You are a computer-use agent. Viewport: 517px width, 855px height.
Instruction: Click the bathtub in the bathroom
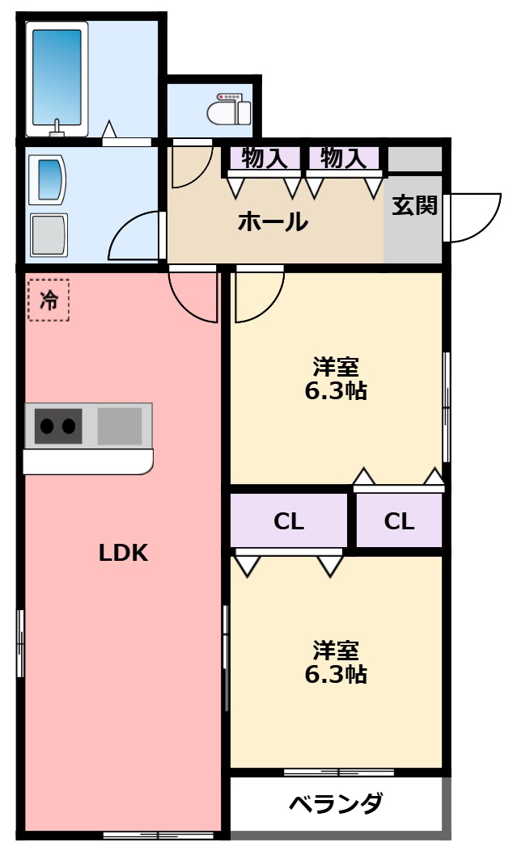(57, 78)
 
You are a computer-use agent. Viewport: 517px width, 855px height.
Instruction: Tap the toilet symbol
(231, 108)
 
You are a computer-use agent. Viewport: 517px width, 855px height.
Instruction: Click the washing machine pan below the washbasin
(48, 235)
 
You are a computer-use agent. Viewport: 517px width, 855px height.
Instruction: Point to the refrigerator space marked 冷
(49, 300)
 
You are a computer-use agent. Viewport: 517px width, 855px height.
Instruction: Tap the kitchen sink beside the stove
(120, 425)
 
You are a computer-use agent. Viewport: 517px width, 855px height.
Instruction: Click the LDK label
(123, 553)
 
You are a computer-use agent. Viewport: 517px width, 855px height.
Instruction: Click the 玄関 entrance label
(414, 206)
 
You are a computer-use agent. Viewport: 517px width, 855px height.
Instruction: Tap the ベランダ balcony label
(335, 804)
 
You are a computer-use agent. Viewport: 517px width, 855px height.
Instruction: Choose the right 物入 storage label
(343, 158)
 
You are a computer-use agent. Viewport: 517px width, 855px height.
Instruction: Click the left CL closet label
(288, 521)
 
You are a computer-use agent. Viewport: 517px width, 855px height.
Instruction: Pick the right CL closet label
(399, 521)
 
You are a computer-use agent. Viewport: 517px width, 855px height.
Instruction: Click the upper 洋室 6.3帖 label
(336, 378)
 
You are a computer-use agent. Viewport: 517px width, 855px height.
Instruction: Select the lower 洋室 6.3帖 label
(336, 662)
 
